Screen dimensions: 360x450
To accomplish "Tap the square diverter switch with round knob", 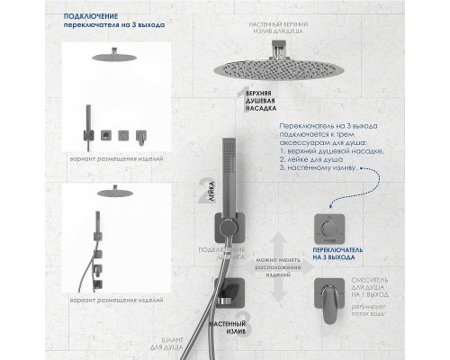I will pos(329,229).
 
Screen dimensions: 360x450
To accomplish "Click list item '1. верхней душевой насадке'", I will pos(337,152).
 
